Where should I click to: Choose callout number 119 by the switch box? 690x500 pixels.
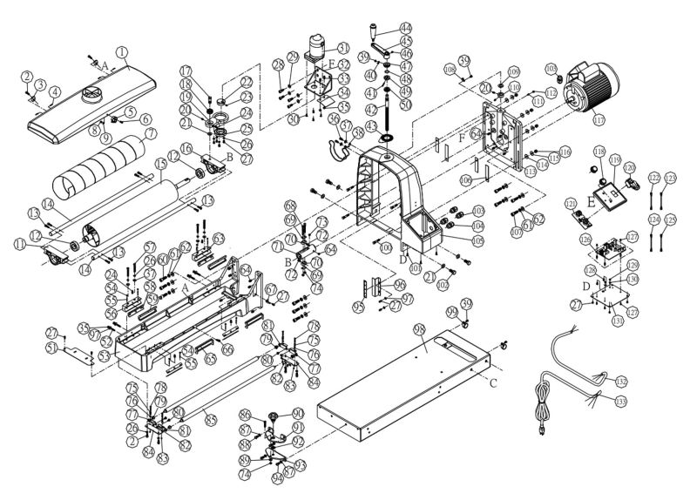[x=615, y=162]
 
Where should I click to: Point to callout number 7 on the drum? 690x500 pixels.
[x=150, y=133]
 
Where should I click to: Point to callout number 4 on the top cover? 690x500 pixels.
[x=55, y=90]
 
